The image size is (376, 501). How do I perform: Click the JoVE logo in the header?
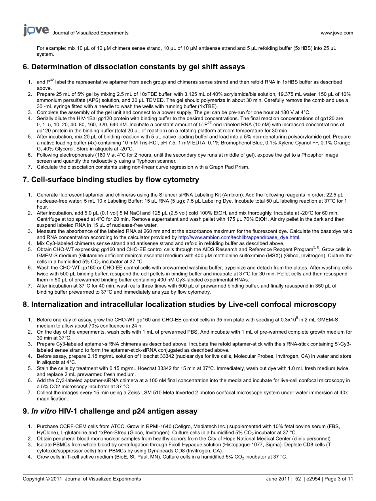coord(36,30)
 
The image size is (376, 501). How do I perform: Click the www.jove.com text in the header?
coord(337,33)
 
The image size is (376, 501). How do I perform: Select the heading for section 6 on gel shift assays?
coord(134,67)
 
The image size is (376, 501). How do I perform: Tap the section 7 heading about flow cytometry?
coord(111,180)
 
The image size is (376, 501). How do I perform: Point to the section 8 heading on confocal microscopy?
coord(179,304)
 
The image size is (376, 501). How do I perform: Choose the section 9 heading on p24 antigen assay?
coord(110,411)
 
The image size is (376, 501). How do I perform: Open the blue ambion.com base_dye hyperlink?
coord(239,237)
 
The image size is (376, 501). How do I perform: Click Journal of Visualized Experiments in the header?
coord(90,33)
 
